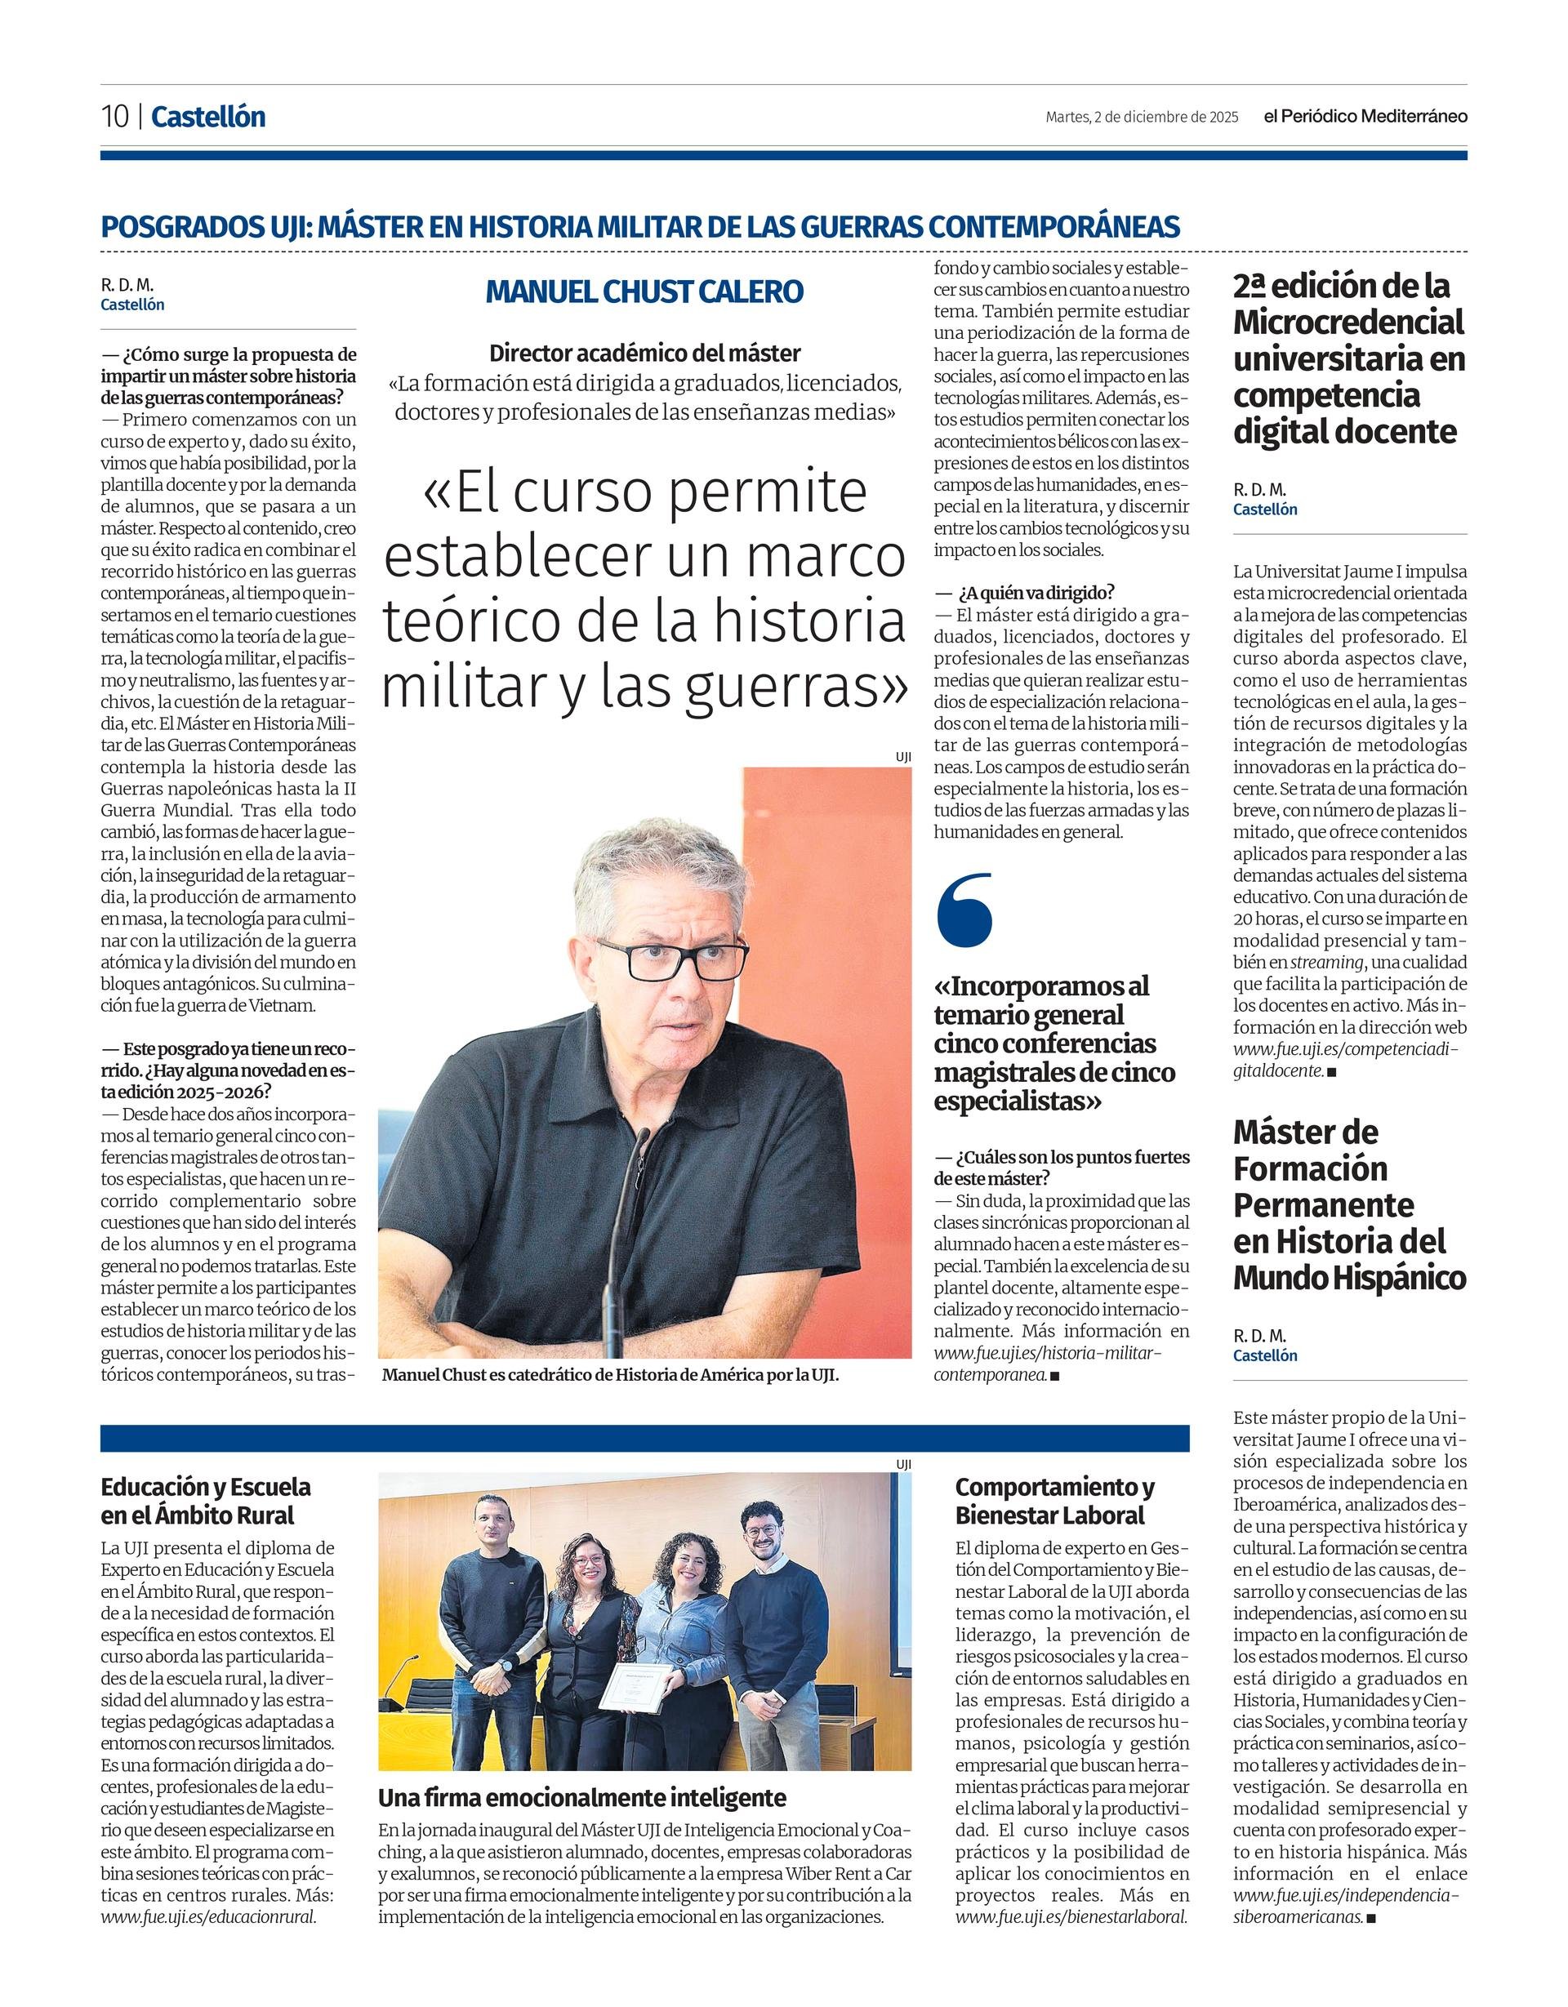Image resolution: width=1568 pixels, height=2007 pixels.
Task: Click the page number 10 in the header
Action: [x=115, y=117]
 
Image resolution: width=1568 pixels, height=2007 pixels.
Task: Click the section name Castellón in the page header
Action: [x=208, y=117]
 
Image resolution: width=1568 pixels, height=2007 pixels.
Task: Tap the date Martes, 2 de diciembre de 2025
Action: [x=1142, y=117]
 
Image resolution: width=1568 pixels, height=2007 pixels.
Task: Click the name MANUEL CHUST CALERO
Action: [x=644, y=291]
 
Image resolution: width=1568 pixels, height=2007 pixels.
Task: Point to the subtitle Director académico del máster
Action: [x=644, y=353]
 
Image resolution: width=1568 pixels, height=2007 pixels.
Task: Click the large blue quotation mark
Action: [x=964, y=910]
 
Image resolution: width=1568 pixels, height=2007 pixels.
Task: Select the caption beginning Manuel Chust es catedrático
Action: [x=610, y=1376]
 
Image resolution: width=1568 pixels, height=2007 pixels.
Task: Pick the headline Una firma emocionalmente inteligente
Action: [x=583, y=1797]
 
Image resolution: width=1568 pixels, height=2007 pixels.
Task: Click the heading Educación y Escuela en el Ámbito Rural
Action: [x=206, y=1501]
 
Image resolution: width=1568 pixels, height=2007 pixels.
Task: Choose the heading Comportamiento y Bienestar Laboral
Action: [x=1054, y=1501]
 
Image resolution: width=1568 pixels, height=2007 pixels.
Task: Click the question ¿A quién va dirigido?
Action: [x=1036, y=593]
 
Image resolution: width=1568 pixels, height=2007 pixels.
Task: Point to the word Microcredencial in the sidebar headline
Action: [x=1348, y=323]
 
